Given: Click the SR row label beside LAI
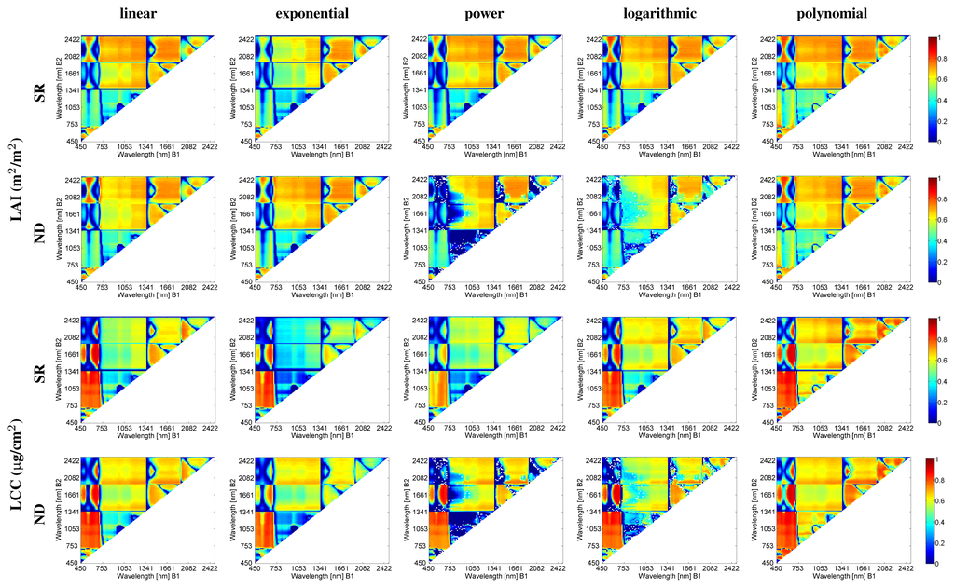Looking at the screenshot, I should tap(38, 89).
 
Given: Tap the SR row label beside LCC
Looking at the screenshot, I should tap(38, 371).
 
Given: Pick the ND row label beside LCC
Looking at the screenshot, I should tap(38, 511).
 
